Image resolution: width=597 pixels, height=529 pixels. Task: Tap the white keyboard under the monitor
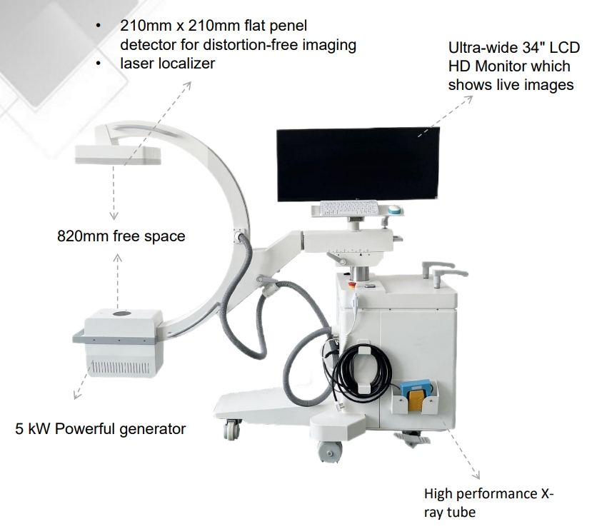click(x=348, y=208)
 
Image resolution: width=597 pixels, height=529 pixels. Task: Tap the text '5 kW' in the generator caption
click(x=32, y=429)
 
